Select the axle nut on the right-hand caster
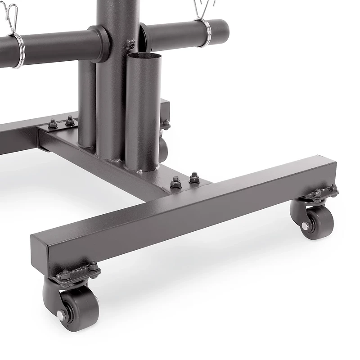pos(305,226)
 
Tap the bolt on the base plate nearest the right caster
pos(194,178)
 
